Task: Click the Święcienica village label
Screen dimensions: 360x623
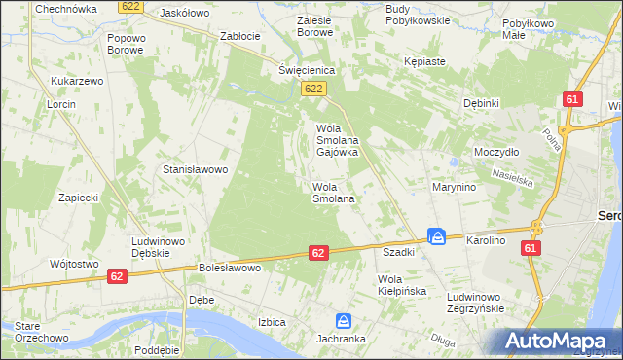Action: [307, 71]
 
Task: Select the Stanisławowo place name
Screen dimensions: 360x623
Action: [195, 169]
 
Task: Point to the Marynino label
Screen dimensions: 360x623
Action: [454, 187]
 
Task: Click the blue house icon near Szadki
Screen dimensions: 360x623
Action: [438, 236]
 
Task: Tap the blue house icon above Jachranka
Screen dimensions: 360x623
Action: [344, 320]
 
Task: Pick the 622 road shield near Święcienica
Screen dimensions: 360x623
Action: [312, 90]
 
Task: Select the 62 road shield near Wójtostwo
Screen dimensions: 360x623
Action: [117, 276]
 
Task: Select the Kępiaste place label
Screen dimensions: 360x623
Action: [424, 61]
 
